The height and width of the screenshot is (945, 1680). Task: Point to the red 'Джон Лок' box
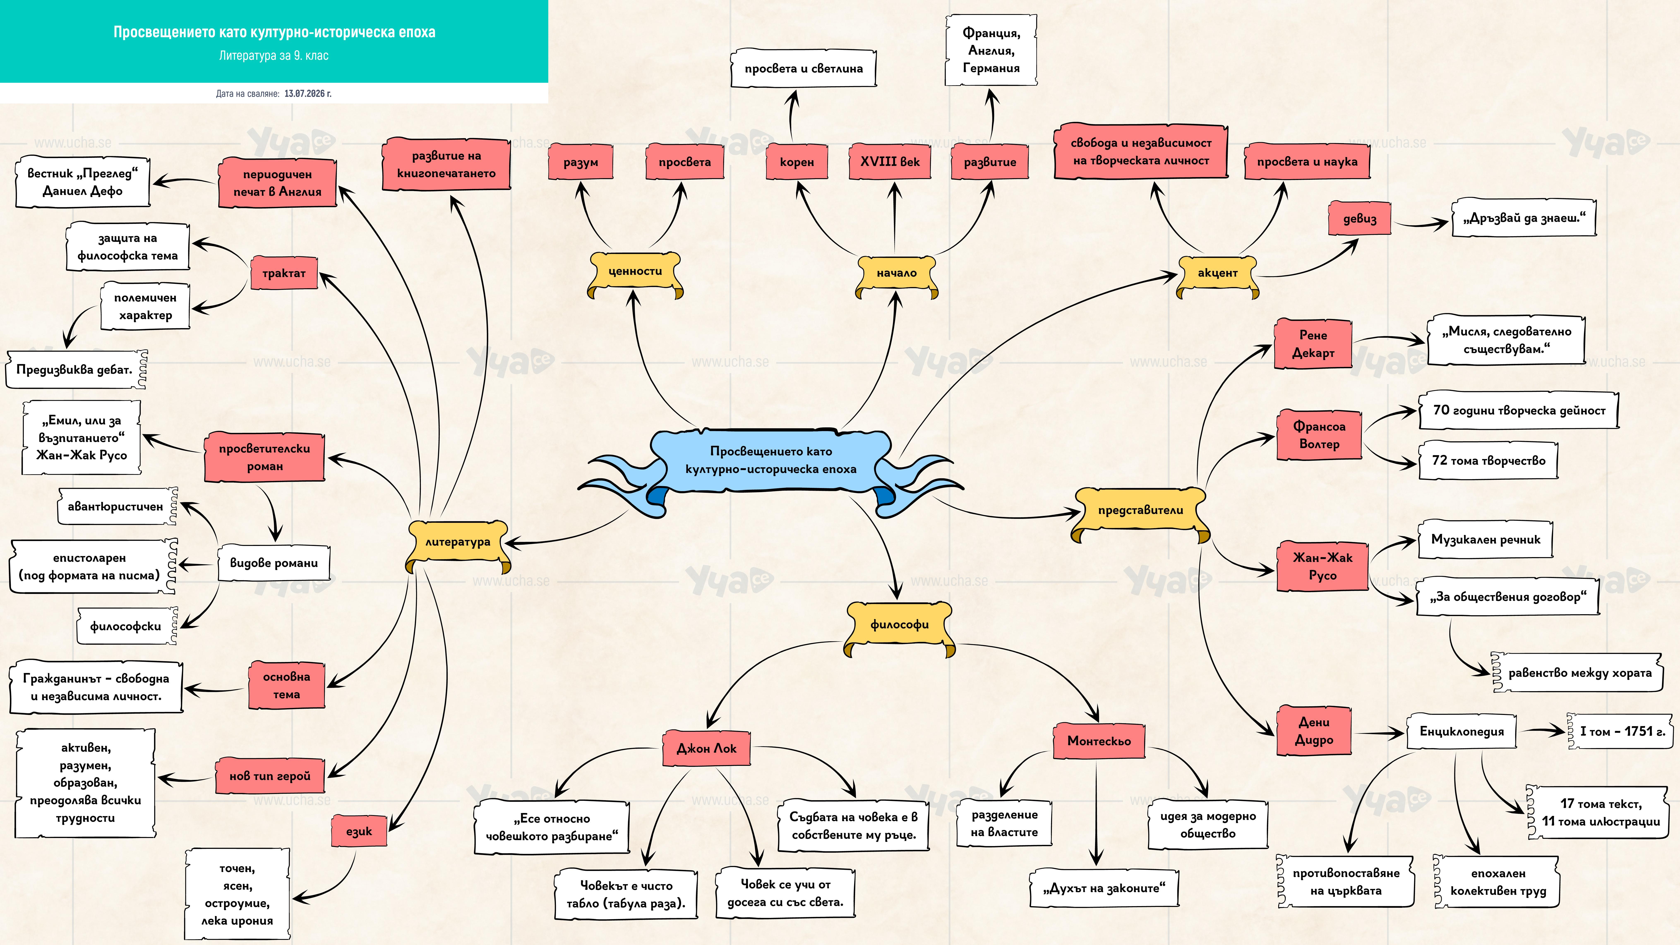pyautogui.click(x=706, y=748)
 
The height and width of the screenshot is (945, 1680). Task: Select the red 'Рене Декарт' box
pyautogui.click(x=1313, y=344)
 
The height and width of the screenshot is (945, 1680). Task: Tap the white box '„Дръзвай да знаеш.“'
pyautogui.click(x=1523, y=218)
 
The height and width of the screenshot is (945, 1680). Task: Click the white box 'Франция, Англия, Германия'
pyautogui.click(x=991, y=50)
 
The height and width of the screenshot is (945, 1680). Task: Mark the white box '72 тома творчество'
pyautogui.click(x=1488, y=461)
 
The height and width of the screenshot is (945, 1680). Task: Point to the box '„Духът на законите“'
pyautogui.click(x=1104, y=888)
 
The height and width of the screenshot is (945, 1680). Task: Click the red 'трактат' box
pyautogui.click(x=284, y=273)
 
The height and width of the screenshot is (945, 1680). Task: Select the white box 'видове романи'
pyautogui.click(x=274, y=563)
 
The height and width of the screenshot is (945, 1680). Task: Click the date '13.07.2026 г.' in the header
pyautogui.click(x=308, y=93)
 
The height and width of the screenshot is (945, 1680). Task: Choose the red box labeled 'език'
pyautogui.click(x=359, y=831)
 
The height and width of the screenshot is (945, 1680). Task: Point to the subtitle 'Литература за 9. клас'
pyautogui.click(x=274, y=55)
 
